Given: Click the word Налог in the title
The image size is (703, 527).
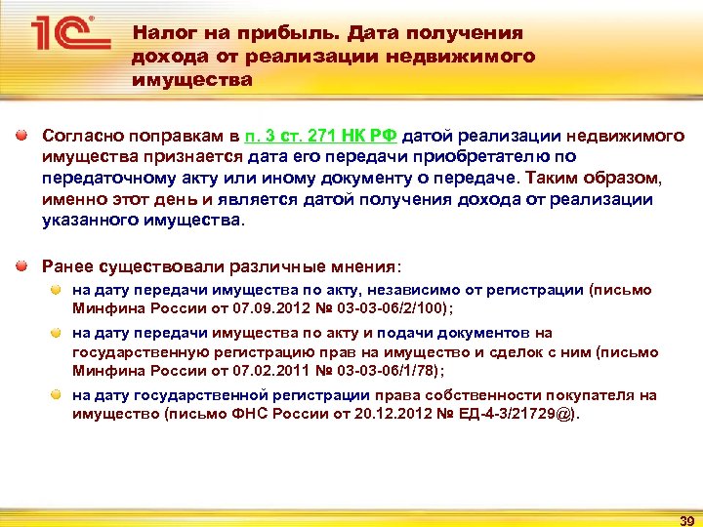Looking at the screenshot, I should click(161, 33).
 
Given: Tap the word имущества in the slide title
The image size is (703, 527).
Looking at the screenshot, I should click(191, 79).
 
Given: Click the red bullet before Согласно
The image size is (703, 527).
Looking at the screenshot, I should click(22, 135).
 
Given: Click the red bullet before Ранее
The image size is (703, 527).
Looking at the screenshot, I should click(22, 264).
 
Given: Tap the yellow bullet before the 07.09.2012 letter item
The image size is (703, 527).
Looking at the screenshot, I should click(59, 290).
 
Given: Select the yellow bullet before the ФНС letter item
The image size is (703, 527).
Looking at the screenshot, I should click(59, 395).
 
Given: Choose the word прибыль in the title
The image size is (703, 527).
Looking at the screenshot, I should click(258, 33).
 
